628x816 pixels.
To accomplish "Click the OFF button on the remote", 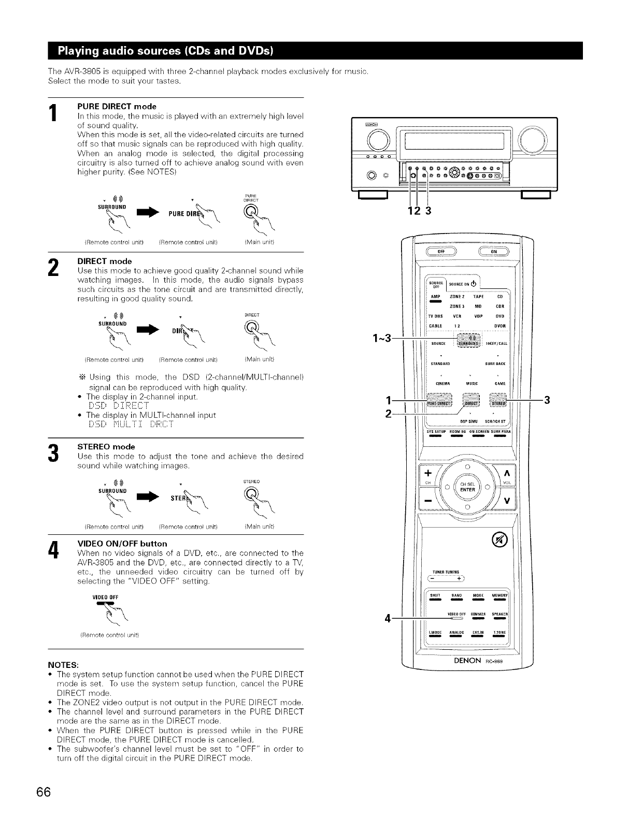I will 442,252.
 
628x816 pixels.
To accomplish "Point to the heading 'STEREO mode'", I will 106,446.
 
